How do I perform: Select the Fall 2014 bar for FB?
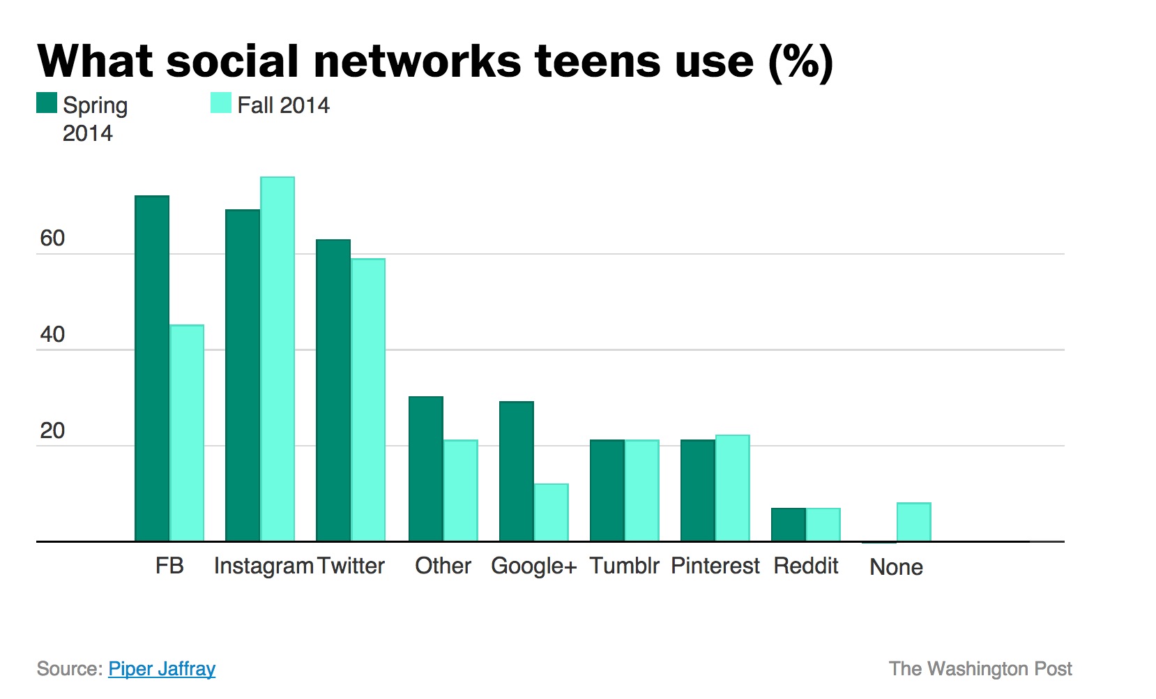pyautogui.click(x=187, y=433)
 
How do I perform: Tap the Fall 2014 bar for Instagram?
pyautogui.click(x=277, y=359)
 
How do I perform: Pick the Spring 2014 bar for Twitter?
pyautogui.click(x=333, y=390)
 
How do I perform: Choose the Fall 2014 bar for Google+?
pyautogui.click(x=552, y=512)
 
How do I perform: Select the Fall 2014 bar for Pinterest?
pyautogui.click(x=733, y=488)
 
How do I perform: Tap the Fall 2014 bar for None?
pyautogui.click(x=914, y=522)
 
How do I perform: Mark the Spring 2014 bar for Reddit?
pyautogui.click(x=789, y=525)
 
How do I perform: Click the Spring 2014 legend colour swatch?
pyautogui.click(x=47, y=103)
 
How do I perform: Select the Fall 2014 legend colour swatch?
pyautogui.click(x=221, y=103)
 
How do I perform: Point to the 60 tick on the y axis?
pyautogui.click(x=52, y=239)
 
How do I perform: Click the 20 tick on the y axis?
pyautogui.click(x=52, y=431)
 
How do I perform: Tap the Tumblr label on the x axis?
pyautogui.click(x=624, y=566)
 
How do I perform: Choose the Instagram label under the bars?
pyautogui.click(x=264, y=566)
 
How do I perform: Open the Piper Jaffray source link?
pyautogui.click(x=162, y=668)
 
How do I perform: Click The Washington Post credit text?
pyautogui.click(x=980, y=668)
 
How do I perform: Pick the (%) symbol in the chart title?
pyautogui.click(x=800, y=62)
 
